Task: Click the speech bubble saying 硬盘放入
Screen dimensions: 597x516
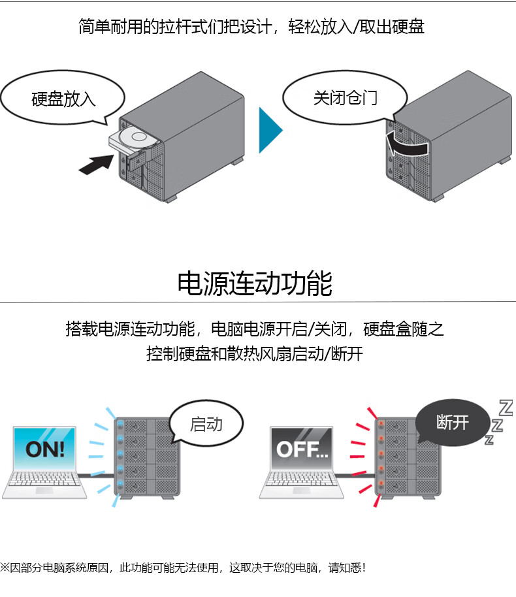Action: (x=63, y=99)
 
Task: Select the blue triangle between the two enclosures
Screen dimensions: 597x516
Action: (x=268, y=131)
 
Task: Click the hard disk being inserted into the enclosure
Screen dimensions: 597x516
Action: (x=135, y=138)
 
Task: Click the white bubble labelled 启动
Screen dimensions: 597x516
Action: (x=205, y=425)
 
